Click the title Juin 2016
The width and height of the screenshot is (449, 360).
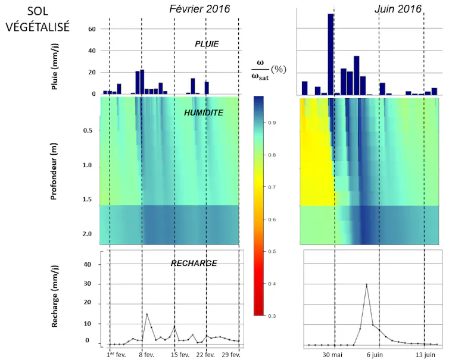(398, 8)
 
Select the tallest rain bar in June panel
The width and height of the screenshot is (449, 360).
(330, 54)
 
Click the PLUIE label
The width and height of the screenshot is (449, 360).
(207, 44)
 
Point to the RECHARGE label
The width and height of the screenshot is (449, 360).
(194, 263)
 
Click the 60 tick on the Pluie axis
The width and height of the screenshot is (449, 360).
(92, 29)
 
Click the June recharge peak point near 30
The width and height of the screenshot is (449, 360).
(366, 284)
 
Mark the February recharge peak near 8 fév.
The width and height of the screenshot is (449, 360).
(146, 314)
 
